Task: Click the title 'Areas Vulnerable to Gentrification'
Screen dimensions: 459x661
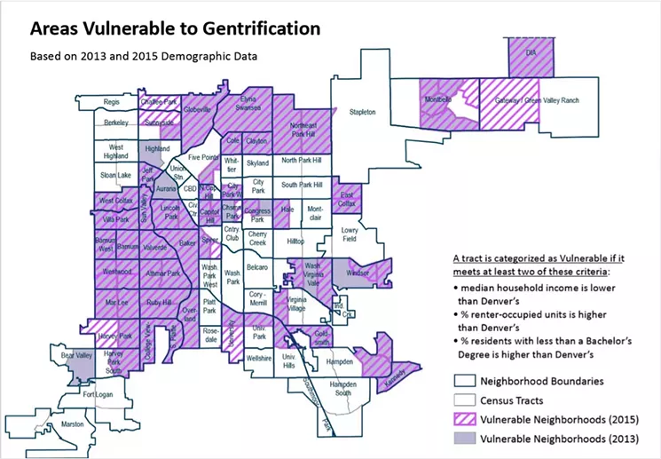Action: (x=175, y=28)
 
